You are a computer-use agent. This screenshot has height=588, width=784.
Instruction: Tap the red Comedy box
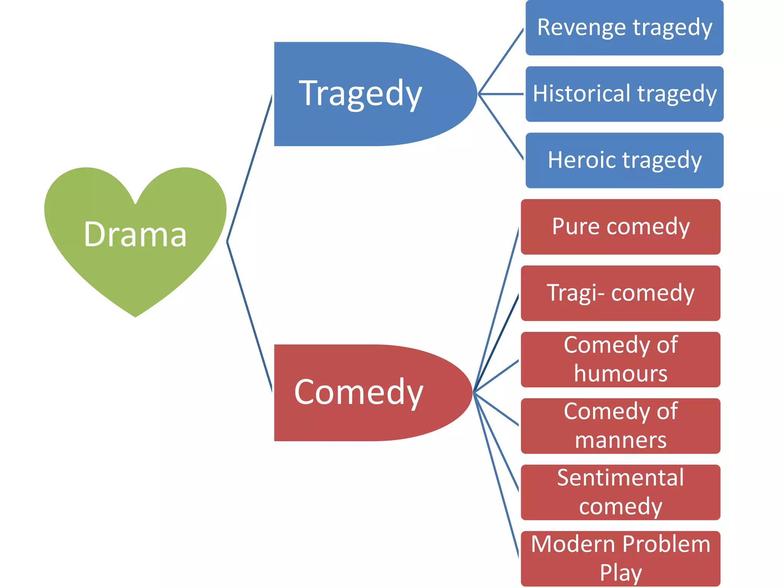(364, 392)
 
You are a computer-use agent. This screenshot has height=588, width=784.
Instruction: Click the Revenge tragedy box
(624, 28)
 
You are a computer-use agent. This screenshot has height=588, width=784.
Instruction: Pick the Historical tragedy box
(624, 94)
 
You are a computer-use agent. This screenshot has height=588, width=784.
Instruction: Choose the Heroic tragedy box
(624, 160)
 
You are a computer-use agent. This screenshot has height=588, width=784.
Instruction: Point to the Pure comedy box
(621, 227)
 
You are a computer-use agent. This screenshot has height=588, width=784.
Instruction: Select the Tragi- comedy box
(621, 293)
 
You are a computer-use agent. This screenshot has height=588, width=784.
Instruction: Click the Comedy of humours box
(621, 359)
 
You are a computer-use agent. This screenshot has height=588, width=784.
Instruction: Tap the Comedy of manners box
(621, 426)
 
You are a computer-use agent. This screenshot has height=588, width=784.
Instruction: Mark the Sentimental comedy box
(621, 492)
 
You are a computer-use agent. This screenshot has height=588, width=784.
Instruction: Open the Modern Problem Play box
(621, 558)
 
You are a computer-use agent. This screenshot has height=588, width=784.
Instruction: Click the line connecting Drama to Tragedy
(250, 168)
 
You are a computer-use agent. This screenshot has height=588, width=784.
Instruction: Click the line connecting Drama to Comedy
(250, 317)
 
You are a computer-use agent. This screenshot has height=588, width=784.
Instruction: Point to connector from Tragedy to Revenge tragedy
(501, 61)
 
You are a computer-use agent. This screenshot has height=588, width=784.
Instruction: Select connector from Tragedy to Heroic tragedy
(501, 126)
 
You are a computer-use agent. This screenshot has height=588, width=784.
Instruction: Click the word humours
(621, 374)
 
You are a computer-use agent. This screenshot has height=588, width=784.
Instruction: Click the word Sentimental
(620, 478)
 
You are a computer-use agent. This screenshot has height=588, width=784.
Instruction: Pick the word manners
(621, 440)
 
